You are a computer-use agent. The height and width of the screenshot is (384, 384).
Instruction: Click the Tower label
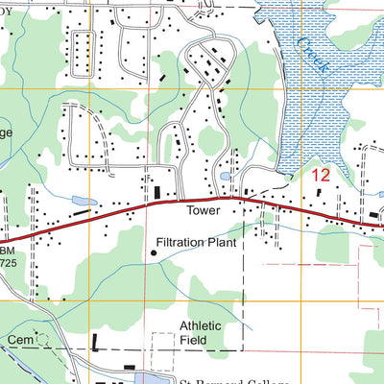click(x=204, y=210)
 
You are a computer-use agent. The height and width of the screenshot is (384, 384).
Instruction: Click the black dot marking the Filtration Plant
click(x=154, y=253)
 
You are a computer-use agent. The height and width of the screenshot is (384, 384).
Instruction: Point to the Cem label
click(x=19, y=341)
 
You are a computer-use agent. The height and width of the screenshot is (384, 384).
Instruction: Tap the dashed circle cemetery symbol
click(x=41, y=340)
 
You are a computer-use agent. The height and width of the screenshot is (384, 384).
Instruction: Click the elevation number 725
click(x=8, y=262)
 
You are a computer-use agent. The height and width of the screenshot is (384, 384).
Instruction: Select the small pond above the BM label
click(x=79, y=202)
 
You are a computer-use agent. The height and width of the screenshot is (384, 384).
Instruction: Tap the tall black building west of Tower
click(x=158, y=195)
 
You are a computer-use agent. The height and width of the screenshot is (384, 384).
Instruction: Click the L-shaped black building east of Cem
click(x=96, y=342)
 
